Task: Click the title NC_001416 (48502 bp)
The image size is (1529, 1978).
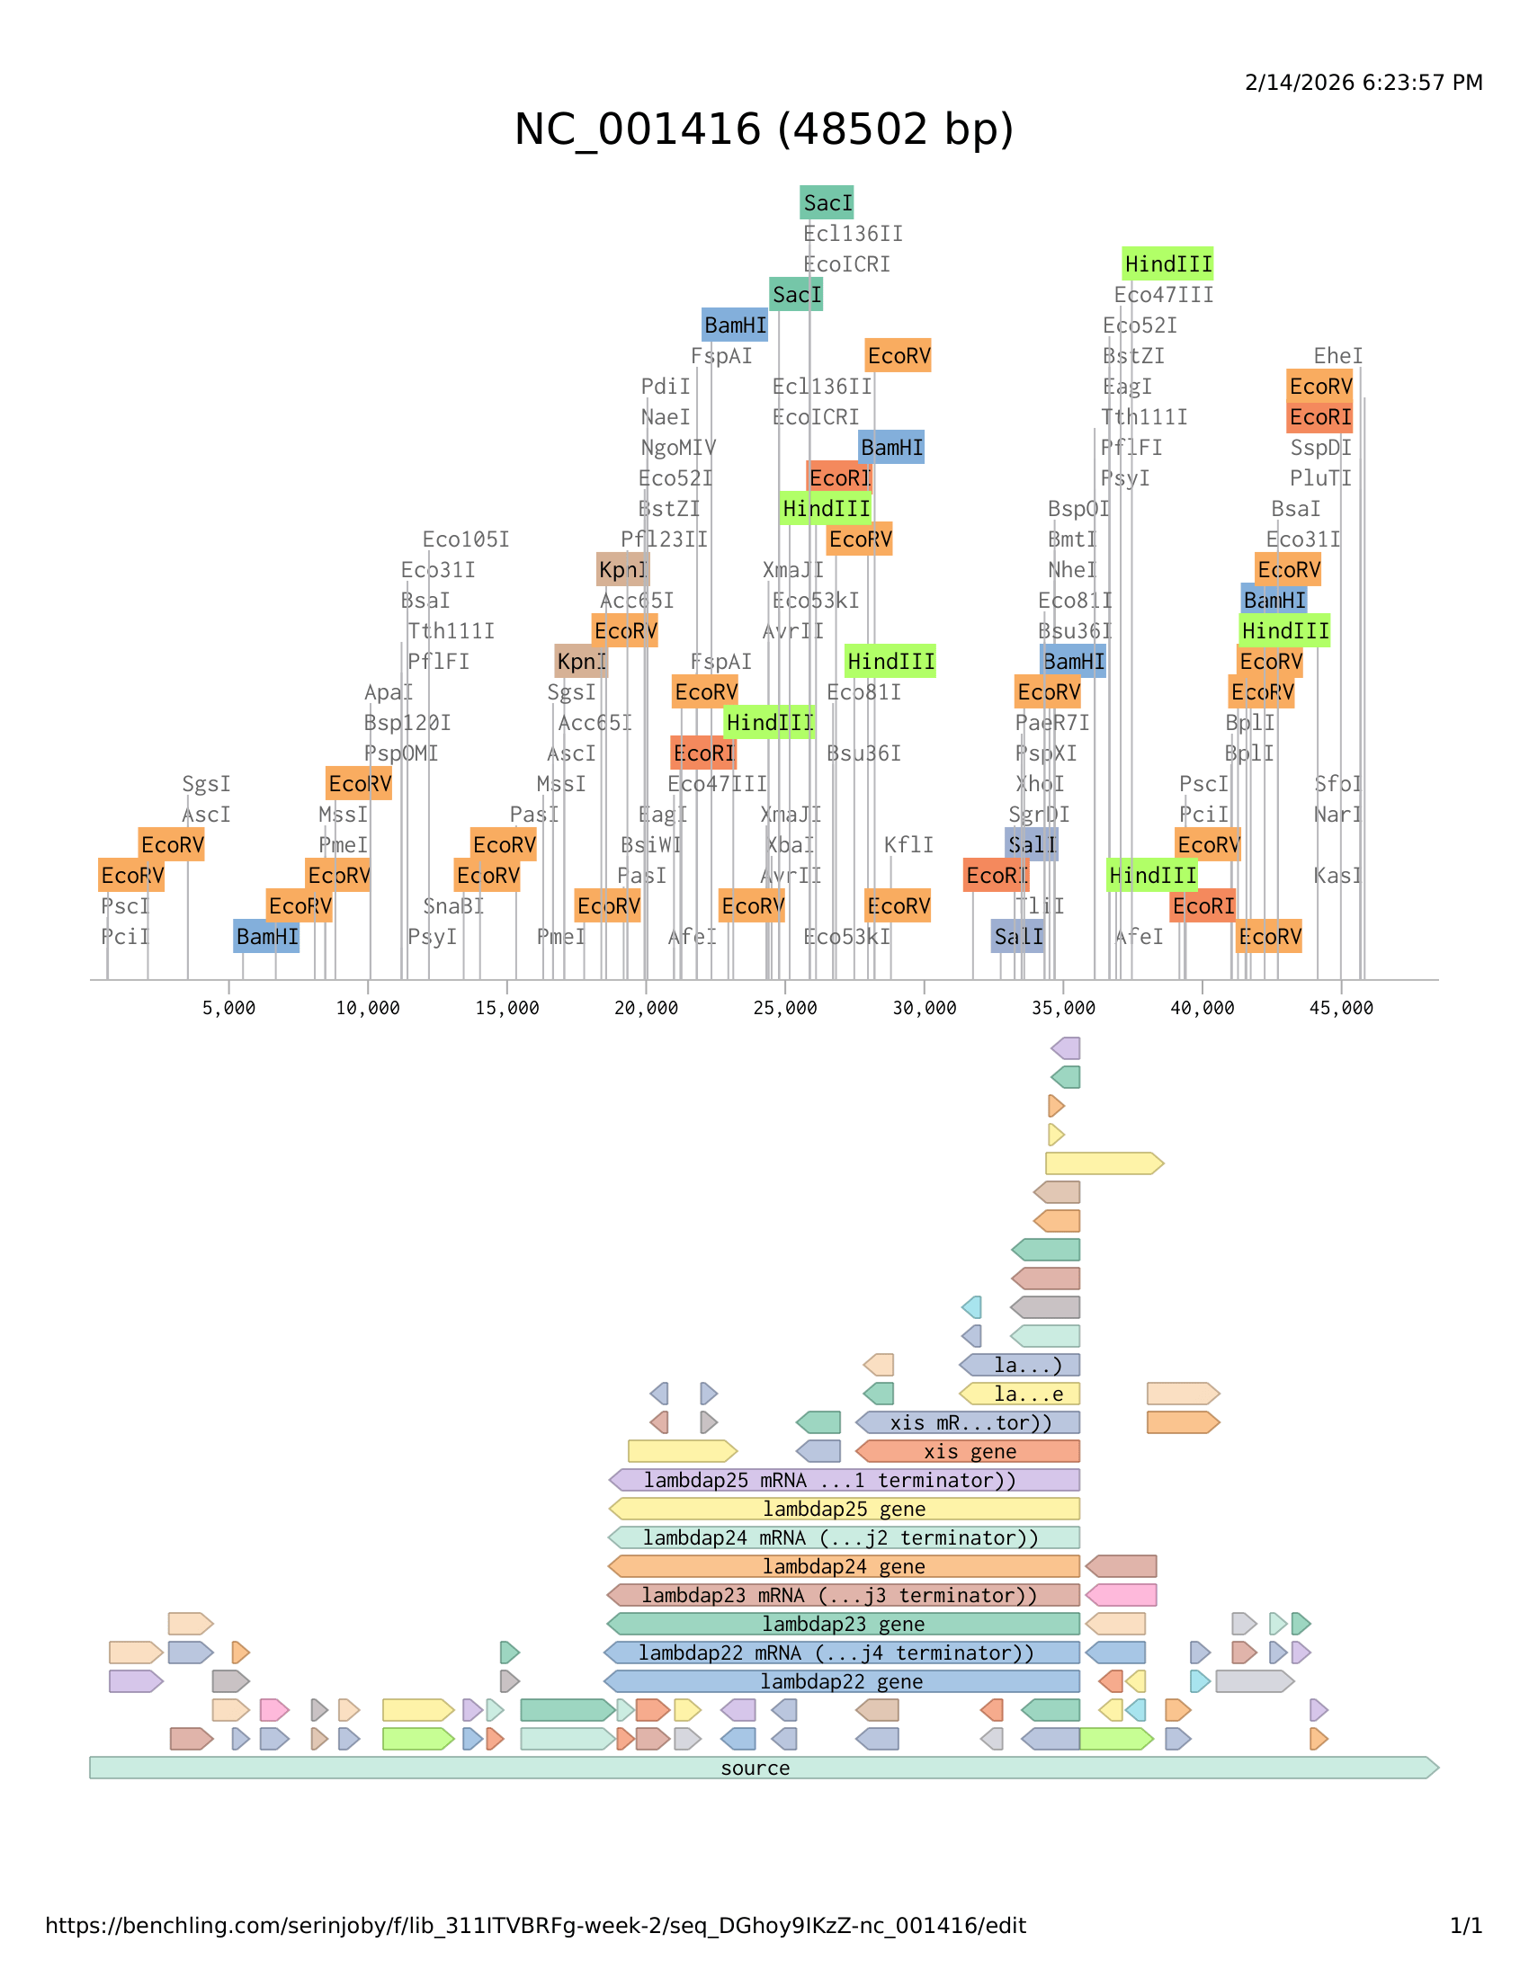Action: [x=764, y=129]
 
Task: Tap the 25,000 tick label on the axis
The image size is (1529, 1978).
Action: [x=785, y=1008]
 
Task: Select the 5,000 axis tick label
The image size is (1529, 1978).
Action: [x=229, y=1008]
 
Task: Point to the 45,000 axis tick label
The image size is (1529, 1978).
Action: [x=1341, y=1008]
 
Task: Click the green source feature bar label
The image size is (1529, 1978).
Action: [x=755, y=1768]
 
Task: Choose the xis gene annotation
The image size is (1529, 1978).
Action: [x=970, y=1452]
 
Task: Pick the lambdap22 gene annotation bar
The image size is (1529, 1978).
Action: [x=842, y=1682]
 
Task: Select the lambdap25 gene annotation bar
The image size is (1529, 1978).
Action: [x=844, y=1509]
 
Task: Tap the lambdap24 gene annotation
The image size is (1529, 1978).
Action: [x=844, y=1567]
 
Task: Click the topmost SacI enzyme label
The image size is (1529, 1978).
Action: [x=827, y=203]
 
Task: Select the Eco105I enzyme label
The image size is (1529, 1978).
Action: [x=466, y=539]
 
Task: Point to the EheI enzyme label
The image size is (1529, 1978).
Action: [x=1338, y=356]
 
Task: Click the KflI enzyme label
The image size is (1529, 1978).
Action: [x=908, y=845]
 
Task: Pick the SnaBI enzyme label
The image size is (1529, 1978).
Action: [x=453, y=906]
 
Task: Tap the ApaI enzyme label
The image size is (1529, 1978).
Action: [x=388, y=693]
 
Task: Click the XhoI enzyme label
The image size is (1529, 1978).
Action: [x=1039, y=784]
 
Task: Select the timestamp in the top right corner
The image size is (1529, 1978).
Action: [x=1364, y=83]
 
